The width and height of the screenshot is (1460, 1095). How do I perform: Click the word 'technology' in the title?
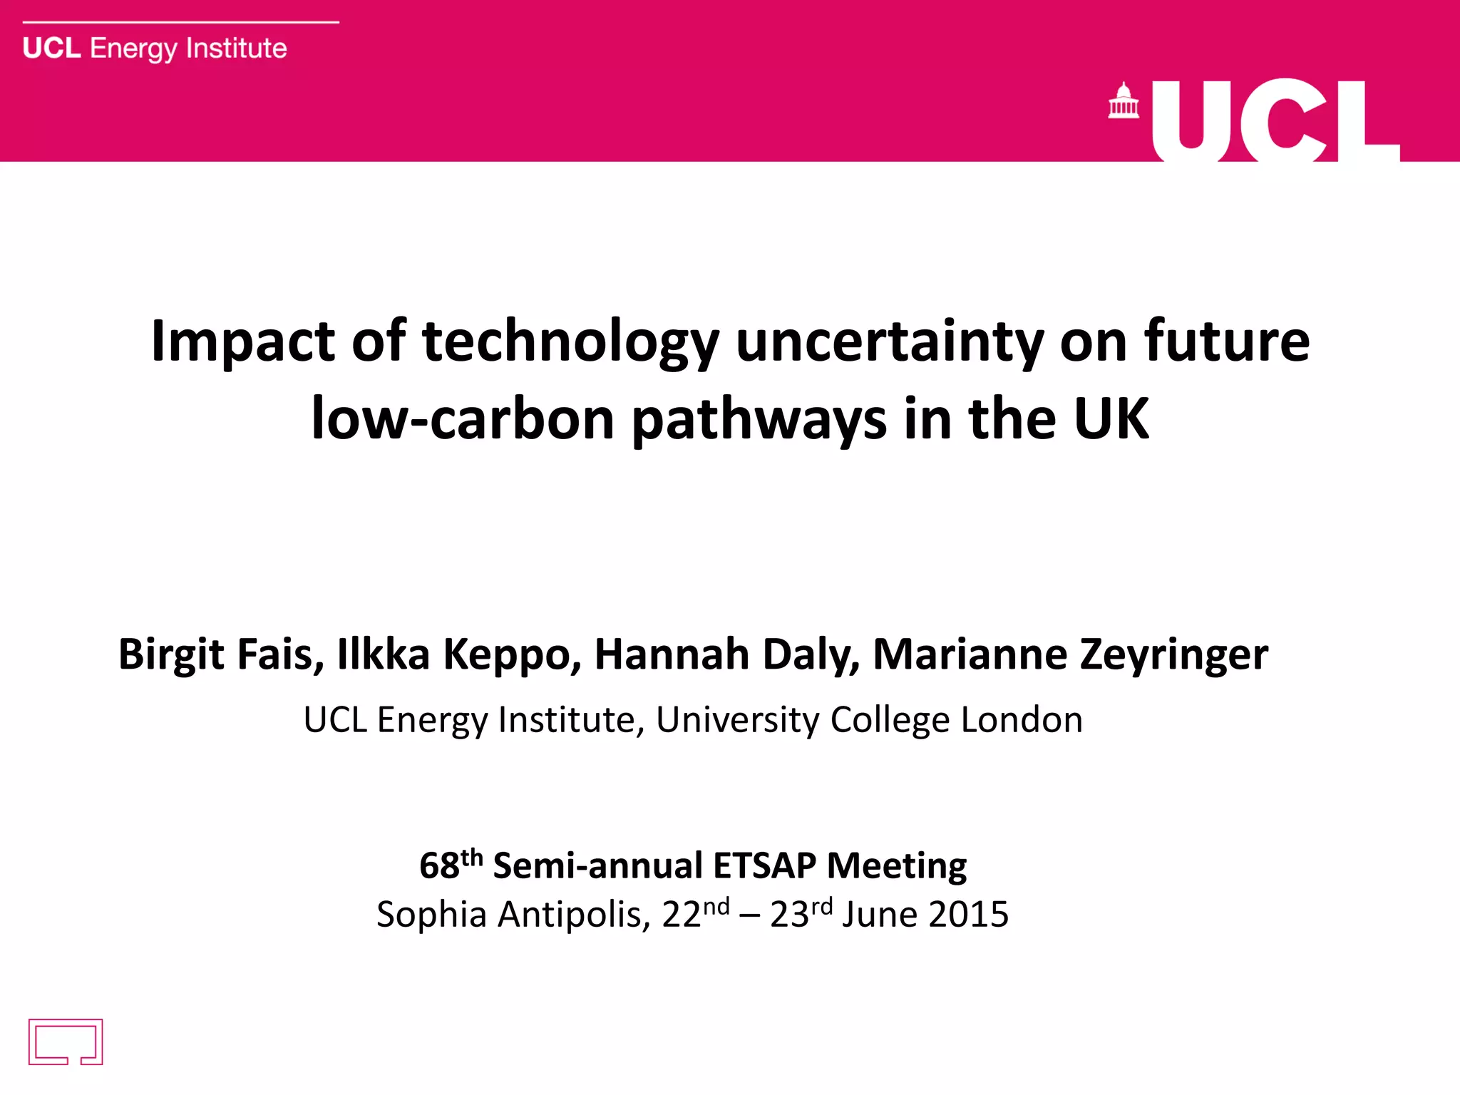(x=570, y=342)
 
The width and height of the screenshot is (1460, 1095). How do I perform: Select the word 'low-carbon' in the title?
(x=463, y=419)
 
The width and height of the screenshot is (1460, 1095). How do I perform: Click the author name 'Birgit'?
(x=171, y=654)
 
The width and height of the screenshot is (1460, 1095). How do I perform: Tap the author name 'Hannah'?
(x=672, y=654)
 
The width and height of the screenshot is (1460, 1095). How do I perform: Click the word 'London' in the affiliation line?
(x=1022, y=719)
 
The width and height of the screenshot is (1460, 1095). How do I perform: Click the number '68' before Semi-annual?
(x=439, y=866)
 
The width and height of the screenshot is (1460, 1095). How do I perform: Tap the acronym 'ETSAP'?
(x=764, y=866)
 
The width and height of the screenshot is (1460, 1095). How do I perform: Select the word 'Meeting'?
(x=897, y=867)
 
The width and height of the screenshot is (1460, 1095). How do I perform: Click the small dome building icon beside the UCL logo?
(x=1124, y=101)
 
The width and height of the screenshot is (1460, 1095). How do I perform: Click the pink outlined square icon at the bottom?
(x=66, y=1042)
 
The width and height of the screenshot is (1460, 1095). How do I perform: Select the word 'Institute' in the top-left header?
(x=236, y=48)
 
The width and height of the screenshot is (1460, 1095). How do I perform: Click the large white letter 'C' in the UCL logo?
(x=1283, y=121)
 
